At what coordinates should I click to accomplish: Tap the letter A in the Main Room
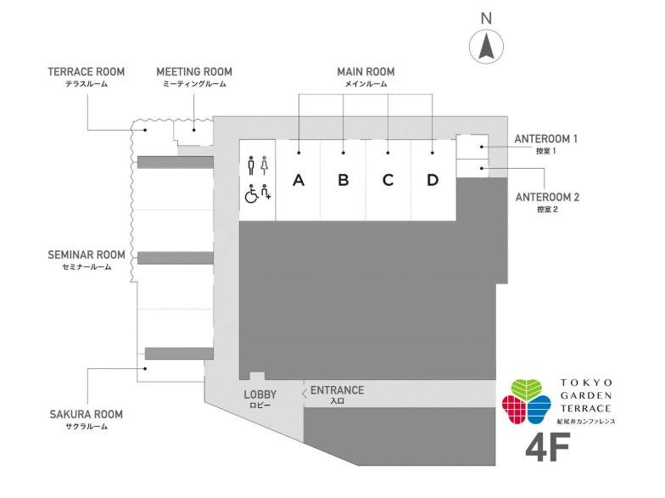point(298,180)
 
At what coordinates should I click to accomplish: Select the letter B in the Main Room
point(343,180)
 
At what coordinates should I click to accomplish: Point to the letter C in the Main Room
point(388,180)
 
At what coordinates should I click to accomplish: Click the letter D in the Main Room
point(433,180)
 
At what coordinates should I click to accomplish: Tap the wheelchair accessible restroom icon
point(251,194)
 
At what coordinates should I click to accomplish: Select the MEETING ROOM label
point(194,72)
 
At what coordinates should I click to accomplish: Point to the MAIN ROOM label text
point(366,72)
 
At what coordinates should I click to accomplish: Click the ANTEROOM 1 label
point(546,138)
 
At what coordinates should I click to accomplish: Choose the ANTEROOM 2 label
point(546,197)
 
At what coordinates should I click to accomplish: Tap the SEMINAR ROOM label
point(87,255)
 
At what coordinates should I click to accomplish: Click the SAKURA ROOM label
point(86,414)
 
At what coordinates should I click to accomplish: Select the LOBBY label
point(260,394)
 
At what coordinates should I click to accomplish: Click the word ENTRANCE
point(337,390)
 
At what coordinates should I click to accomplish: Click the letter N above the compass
point(486,18)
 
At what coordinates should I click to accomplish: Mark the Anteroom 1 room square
point(472,147)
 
